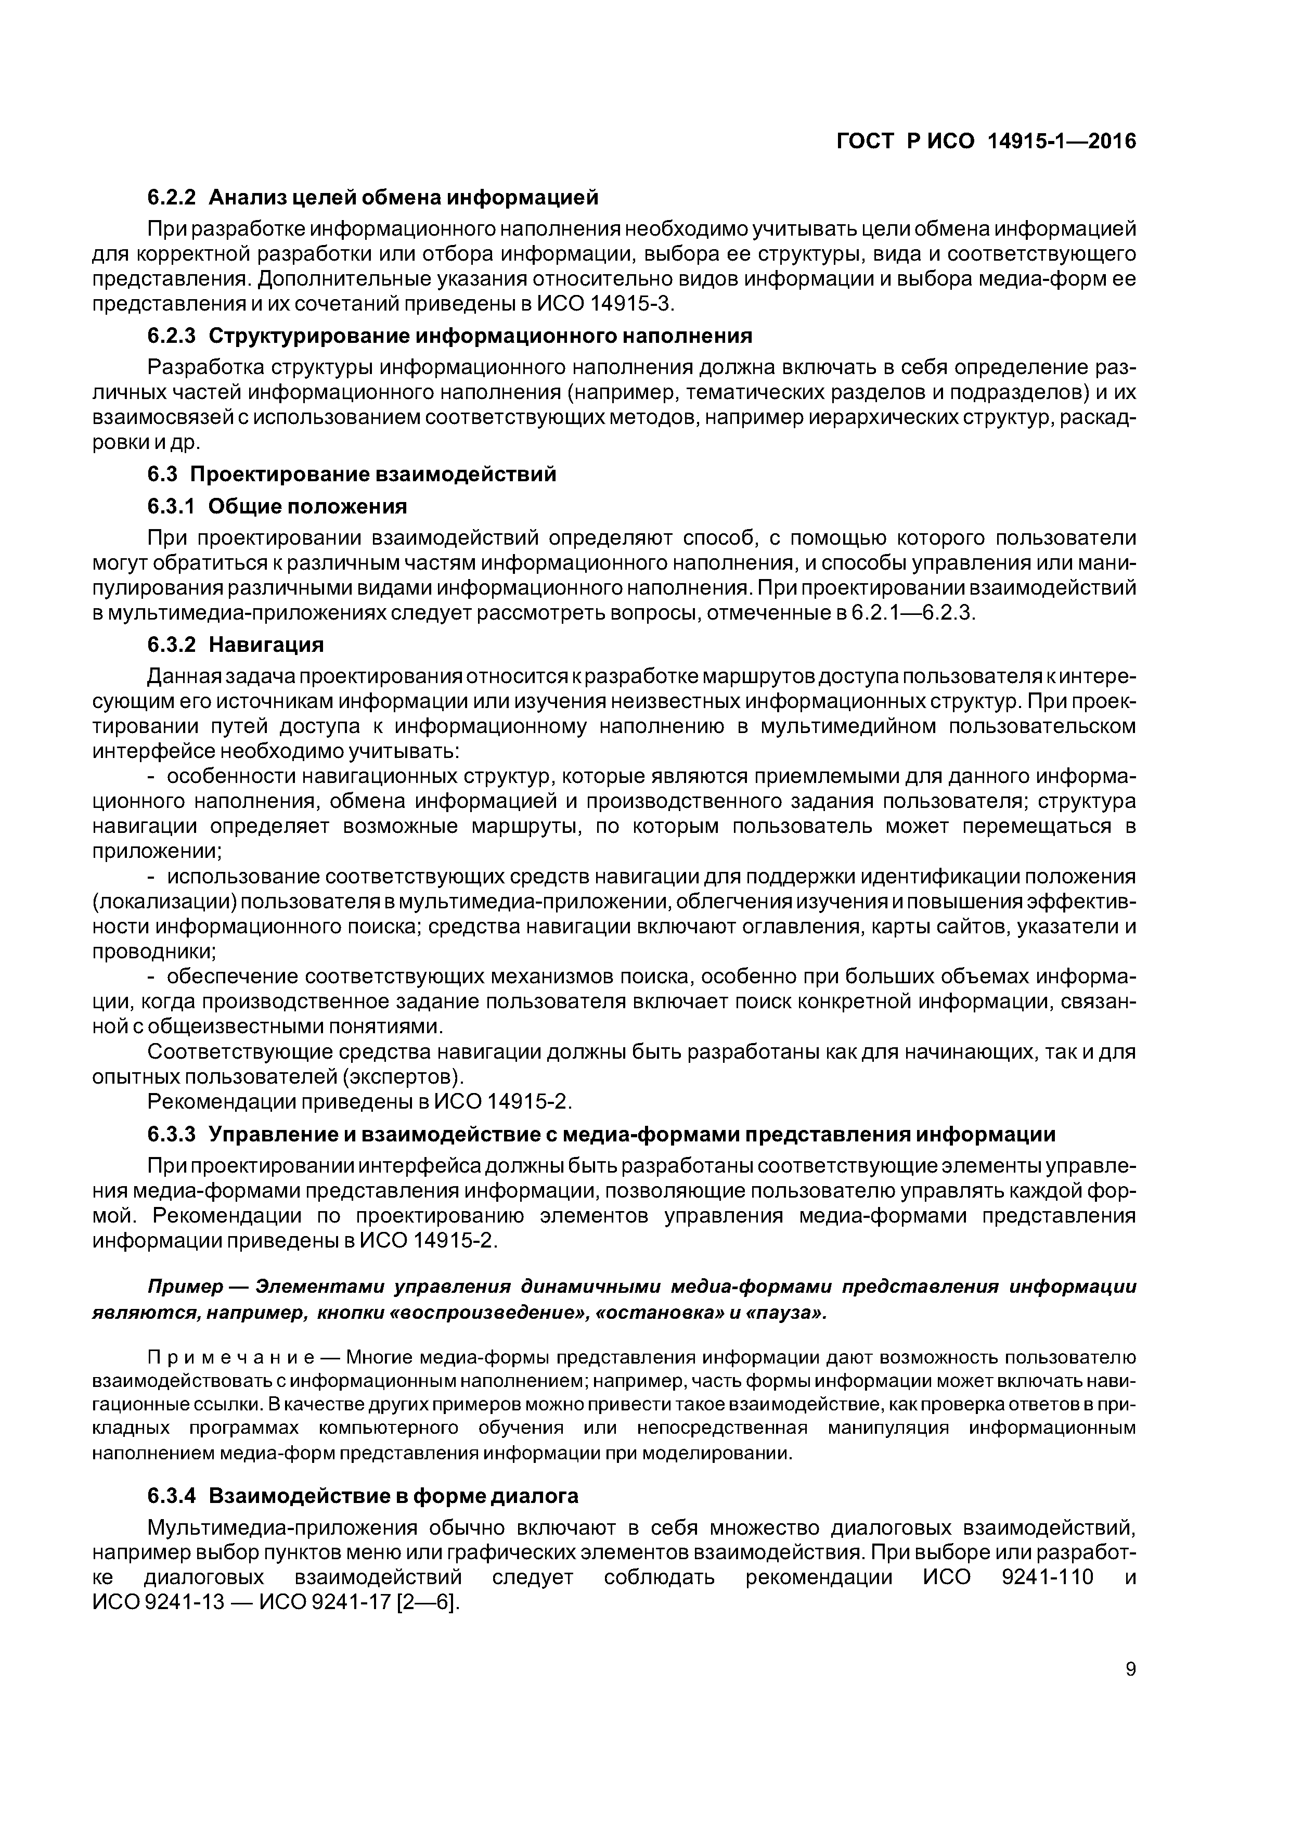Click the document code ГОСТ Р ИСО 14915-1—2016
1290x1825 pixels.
986,142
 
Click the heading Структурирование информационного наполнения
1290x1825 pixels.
480,336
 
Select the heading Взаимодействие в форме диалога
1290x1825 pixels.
393,1496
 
